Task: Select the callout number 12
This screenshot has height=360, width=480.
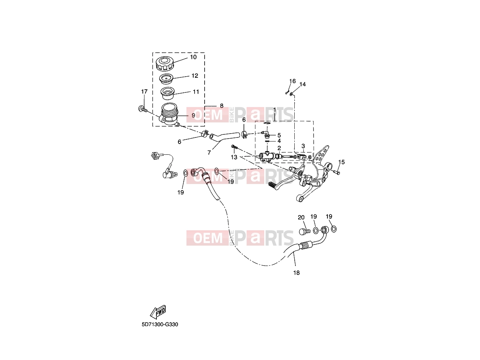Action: click(x=195, y=75)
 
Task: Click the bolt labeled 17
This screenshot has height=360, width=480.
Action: click(x=143, y=109)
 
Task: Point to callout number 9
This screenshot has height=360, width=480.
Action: click(x=193, y=115)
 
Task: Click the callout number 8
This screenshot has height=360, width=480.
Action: click(x=222, y=106)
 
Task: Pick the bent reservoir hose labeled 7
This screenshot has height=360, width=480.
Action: click(x=224, y=136)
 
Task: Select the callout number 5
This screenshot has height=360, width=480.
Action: click(x=279, y=135)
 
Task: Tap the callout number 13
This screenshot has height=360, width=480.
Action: click(x=234, y=157)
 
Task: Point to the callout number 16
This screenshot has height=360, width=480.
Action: click(x=292, y=81)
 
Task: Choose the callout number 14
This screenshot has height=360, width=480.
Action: click(x=302, y=84)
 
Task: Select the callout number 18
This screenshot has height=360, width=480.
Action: click(x=296, y=273)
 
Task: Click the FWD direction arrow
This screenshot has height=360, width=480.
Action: click(x=158, y=312)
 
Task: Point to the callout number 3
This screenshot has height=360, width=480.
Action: click(x=303, y=146)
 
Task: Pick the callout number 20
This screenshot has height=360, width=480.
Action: click(x=301, y=218)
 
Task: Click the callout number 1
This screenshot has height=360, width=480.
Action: click(x=274, y=109)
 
